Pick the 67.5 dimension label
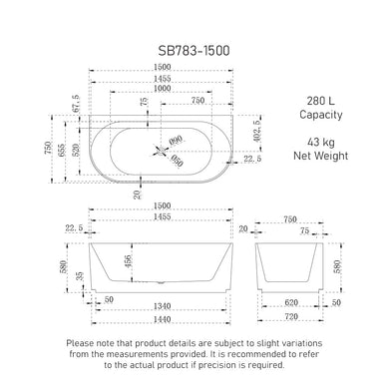(x=74, y=103)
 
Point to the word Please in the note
(x=83, y=342)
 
